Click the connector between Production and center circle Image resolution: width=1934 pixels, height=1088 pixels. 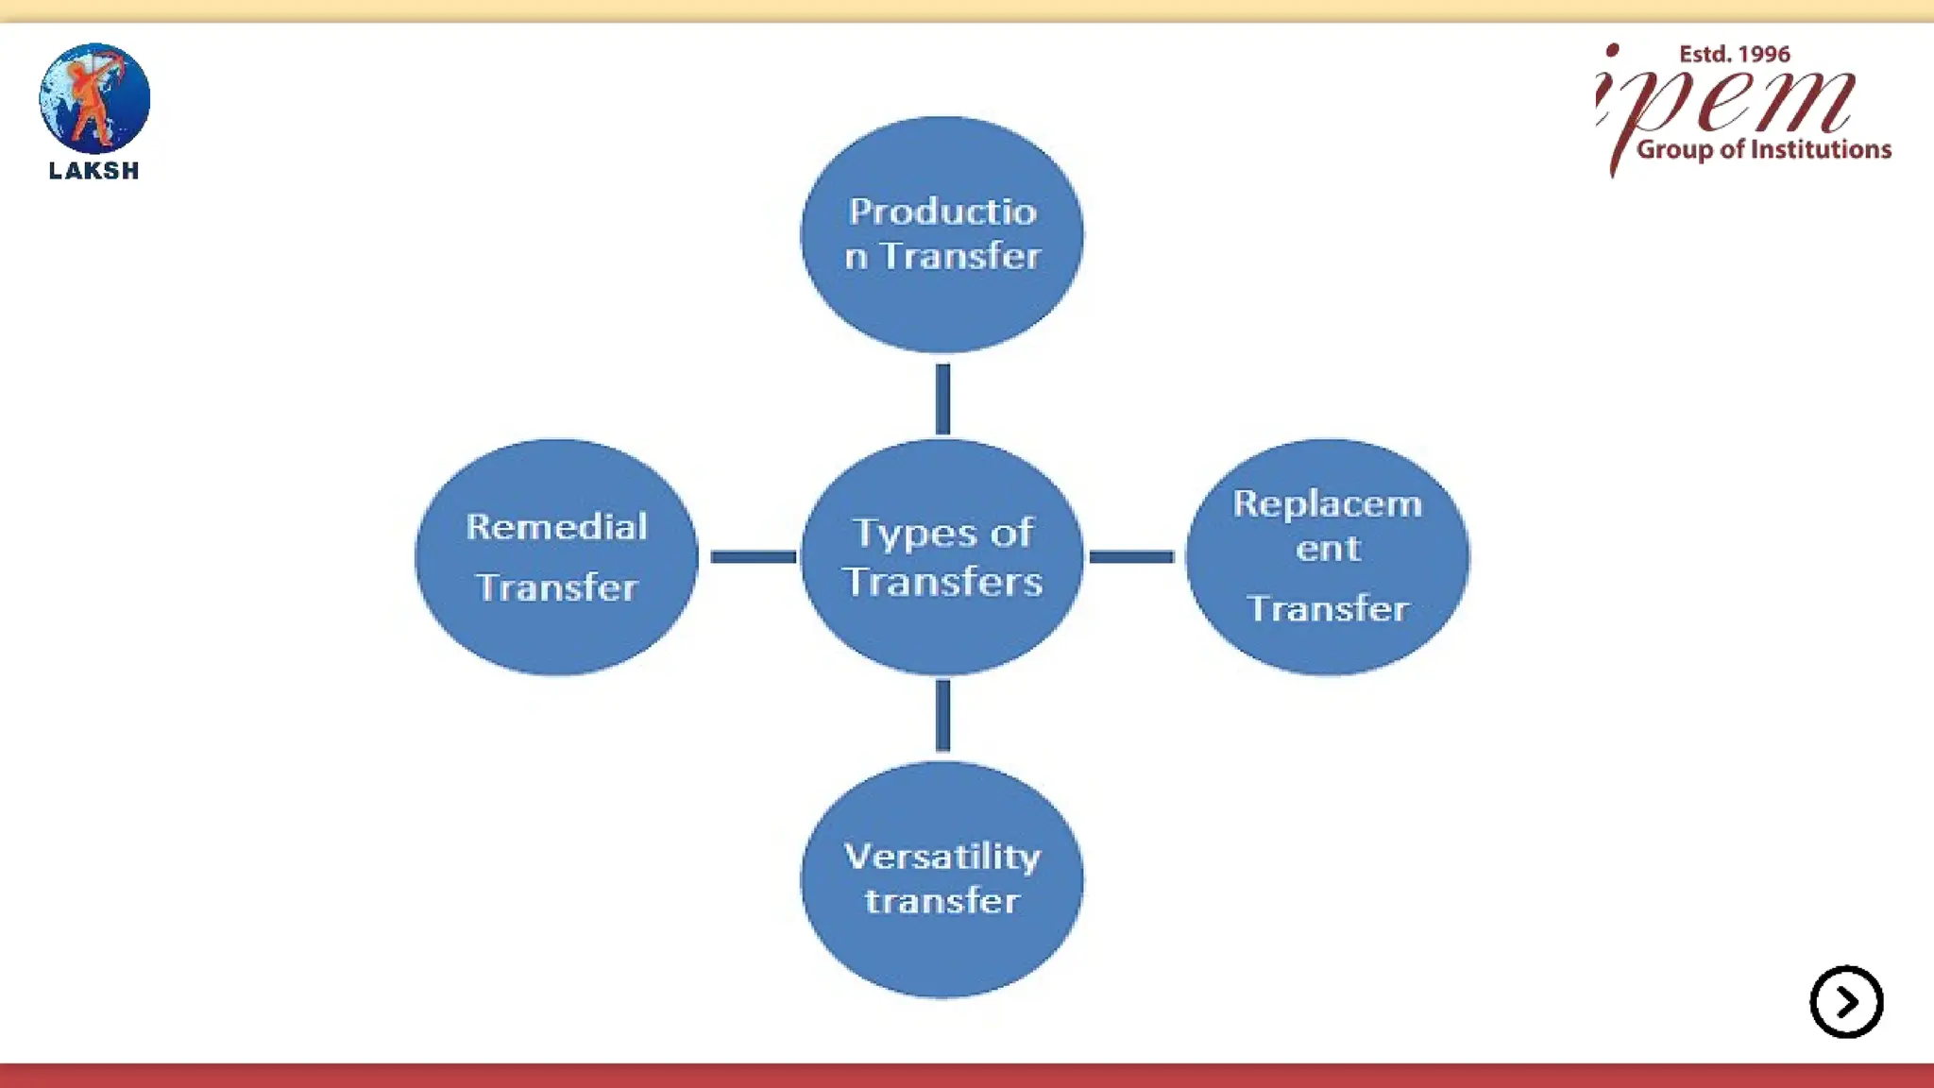(x=942, y=399)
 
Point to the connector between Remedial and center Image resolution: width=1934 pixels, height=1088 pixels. (x=753, y=557)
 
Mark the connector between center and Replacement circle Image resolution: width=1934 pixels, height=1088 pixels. (x=1131, y=557)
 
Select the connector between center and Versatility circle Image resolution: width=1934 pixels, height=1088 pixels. (x=942, y=716)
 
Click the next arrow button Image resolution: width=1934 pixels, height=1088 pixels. (x=1846, y=1001)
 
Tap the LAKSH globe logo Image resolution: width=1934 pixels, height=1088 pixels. (x=94, y=98)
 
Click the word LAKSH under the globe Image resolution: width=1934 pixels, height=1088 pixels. (x=94, y=171)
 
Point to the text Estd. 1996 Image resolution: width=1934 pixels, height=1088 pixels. (x=1734, y=55)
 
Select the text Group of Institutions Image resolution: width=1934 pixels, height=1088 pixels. (x=1763, y=150)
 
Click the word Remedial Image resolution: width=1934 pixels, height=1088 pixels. (x=556, y=527)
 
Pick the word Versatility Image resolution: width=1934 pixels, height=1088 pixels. (x=942, y=857)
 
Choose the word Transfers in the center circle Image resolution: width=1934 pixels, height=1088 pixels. (x=942, y=582)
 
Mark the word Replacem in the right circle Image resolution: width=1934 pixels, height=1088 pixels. (x=1327, y=504)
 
